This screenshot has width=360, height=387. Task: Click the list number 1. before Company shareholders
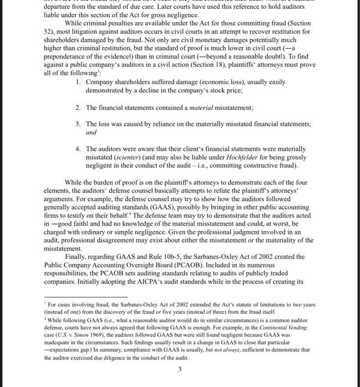coord(79,82)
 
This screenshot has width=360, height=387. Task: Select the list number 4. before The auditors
coord(79,149)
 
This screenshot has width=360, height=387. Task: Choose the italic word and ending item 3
coord(91,133)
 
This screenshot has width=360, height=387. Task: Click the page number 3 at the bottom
coord(180,370)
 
